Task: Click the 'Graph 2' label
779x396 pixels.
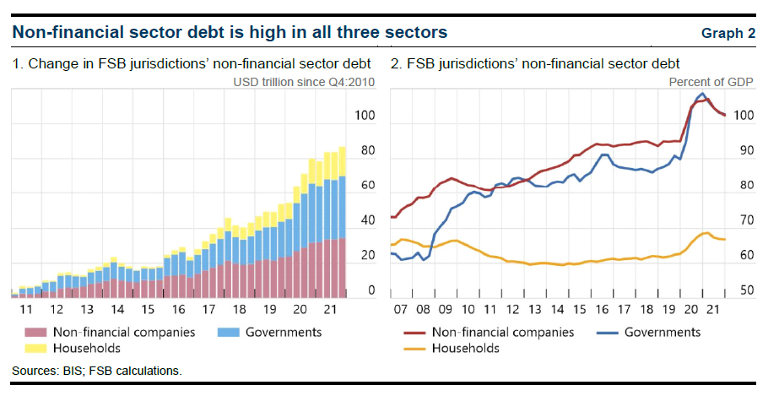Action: (728, 34)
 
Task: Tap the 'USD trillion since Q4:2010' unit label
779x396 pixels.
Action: (304, 82)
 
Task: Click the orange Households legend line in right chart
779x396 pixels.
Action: (408, 348)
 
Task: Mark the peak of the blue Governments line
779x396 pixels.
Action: (702, 94)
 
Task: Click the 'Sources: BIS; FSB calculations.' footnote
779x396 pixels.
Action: (97, 371)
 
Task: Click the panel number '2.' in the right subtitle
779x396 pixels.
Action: (396, 63)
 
